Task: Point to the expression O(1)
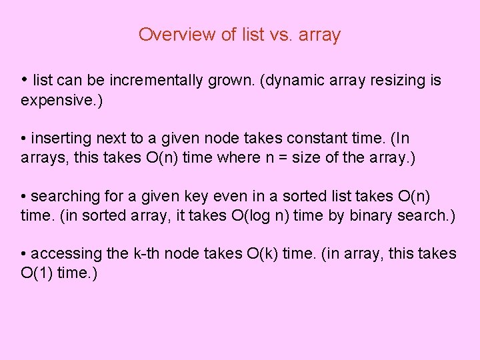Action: click(x=37, y=273)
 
